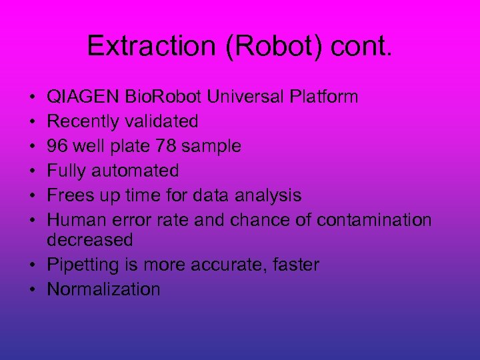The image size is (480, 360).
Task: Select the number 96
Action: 57,147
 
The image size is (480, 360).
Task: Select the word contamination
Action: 374,221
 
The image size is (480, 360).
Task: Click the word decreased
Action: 90,240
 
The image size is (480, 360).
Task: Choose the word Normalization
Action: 103,289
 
